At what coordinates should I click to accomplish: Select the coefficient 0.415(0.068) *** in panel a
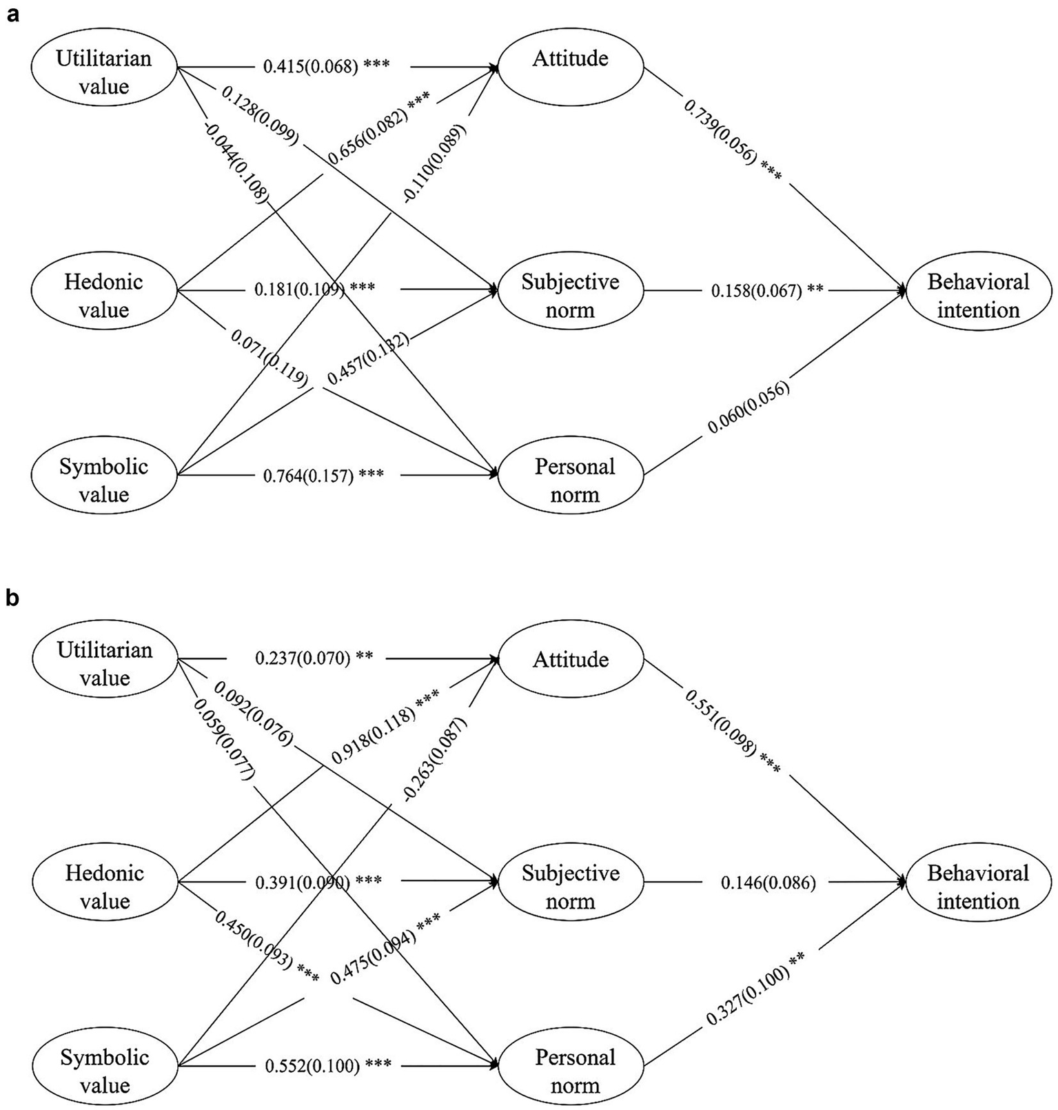pos(326,66)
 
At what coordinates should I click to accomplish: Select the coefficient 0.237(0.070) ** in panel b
pos(314,658)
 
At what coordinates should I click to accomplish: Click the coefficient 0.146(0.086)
pos(769,882)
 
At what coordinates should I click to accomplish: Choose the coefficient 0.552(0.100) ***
pos(328,1066)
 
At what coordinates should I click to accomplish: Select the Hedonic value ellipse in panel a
pos(104,296)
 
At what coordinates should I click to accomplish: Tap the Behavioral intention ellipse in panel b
pos(977,887)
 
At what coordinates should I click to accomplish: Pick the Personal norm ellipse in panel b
pos(574,1071)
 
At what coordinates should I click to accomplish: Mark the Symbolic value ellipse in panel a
pos(104,481)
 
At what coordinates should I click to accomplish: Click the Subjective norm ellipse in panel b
pos(570,887)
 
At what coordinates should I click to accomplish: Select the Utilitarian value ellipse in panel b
pos(105,663)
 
